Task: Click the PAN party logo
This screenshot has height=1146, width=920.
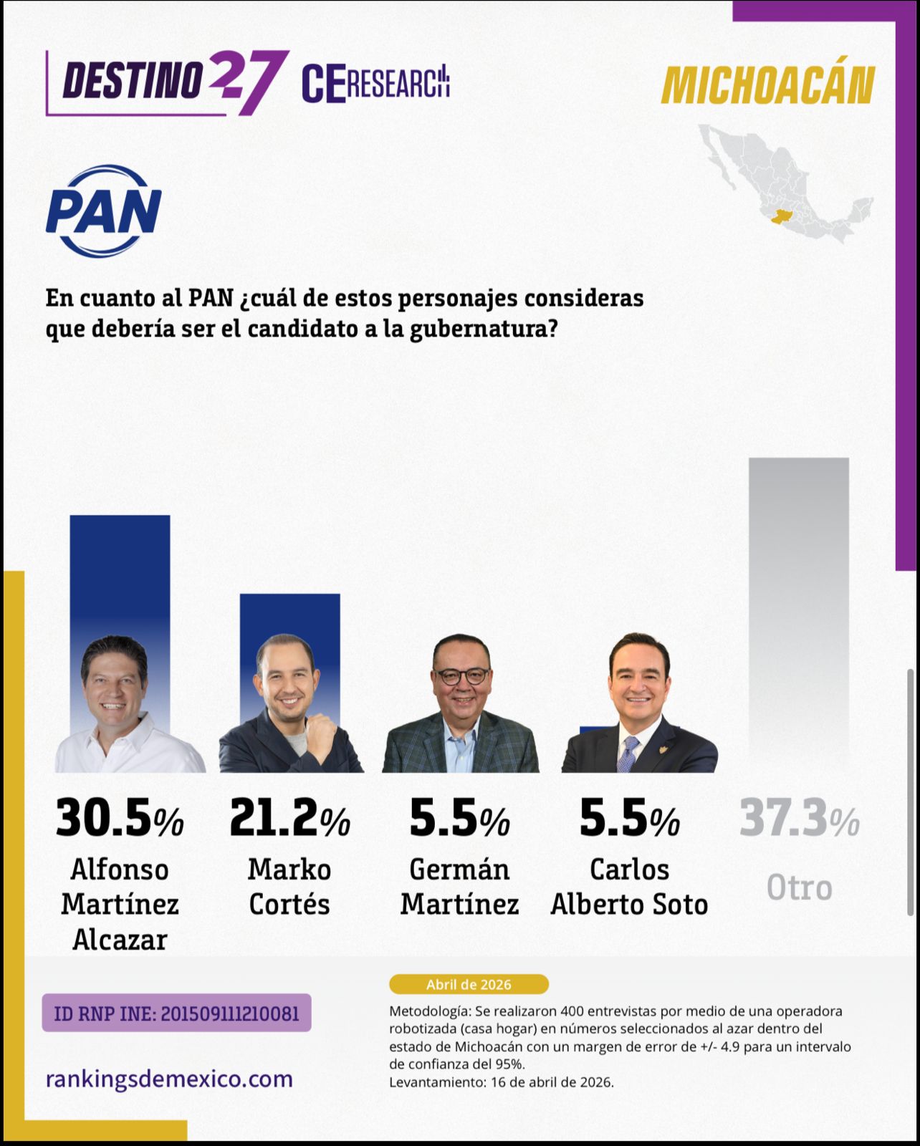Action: [x=104, y=211]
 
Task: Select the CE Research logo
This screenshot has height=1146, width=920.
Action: [x=375, y=82]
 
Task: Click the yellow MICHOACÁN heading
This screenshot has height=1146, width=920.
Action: [x=767, y=86]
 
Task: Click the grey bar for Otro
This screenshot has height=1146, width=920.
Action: [x=798, y=609]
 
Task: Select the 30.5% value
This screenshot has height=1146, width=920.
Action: [x=120, y=819]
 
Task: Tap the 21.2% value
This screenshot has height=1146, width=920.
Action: [x=289, y=819]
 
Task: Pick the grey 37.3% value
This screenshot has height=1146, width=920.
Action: [x=799, y=819]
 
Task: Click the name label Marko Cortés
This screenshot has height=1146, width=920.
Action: [x=289, y=887]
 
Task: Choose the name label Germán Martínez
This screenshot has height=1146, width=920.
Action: [x=459, y=887]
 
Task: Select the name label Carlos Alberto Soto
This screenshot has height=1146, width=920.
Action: [x=629, y=887]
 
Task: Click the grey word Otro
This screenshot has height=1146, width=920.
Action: [x=799, y=888]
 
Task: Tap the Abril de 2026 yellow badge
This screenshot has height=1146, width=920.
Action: [x=469, y=984]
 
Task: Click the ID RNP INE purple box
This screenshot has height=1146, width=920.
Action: [x=176, y=1013]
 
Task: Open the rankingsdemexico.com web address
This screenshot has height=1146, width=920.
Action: [x=169, y=1079]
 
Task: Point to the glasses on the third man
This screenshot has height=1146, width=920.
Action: [x=461, y=675]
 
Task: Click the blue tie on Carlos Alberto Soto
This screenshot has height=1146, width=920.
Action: [x=628, y=753]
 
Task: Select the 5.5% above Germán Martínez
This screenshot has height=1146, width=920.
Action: [x=459, y=819]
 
